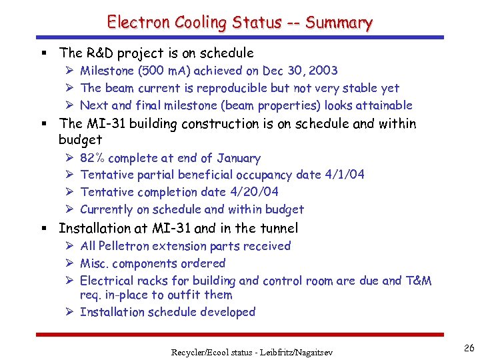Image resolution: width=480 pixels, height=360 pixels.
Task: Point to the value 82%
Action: coord(92,158)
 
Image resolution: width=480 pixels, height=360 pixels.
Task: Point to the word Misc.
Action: coord(95,263)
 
